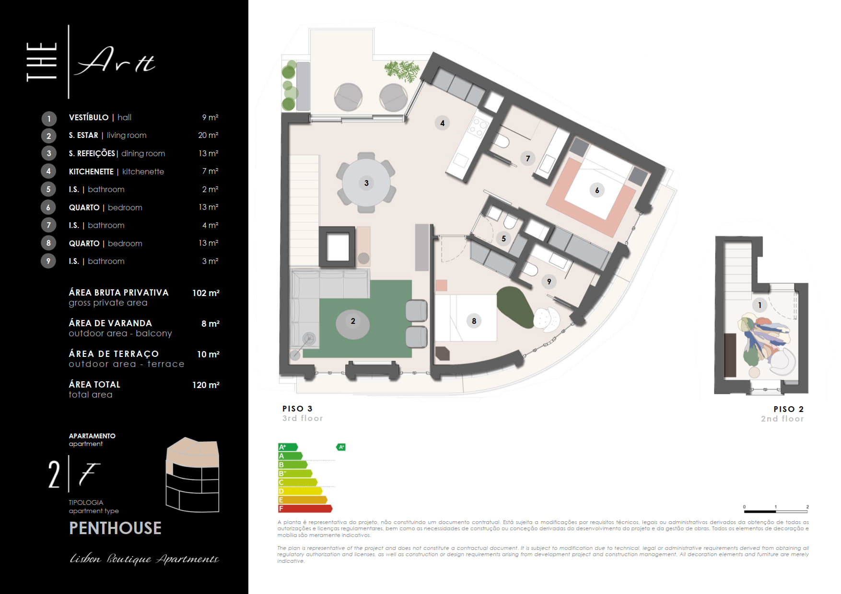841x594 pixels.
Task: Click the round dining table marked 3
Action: pos(366,183)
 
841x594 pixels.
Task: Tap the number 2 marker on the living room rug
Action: pos(353,321)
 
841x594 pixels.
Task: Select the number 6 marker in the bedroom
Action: pos(597,190)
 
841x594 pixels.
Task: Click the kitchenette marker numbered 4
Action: pos(442,123)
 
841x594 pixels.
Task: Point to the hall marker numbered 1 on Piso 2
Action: pos(759,305)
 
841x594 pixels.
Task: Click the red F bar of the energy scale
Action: pos(305,508)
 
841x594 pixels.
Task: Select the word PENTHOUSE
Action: pos(115,528)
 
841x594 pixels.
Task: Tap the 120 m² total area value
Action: pos(206,385)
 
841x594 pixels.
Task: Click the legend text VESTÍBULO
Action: pos(89,117)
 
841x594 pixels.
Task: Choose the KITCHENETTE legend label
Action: pos(91,171)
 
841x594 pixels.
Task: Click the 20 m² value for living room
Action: pos(208,135)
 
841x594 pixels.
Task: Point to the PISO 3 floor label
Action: pos(297,409)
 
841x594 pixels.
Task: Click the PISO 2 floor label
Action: pos(788,409)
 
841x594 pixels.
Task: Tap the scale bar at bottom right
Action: pos(776,511)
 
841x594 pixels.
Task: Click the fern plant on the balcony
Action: pos(402,71)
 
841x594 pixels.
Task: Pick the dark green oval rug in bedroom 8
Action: pos(515,307)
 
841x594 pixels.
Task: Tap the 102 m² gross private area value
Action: pos(206,293)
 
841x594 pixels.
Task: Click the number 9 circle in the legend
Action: pos(48,261)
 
